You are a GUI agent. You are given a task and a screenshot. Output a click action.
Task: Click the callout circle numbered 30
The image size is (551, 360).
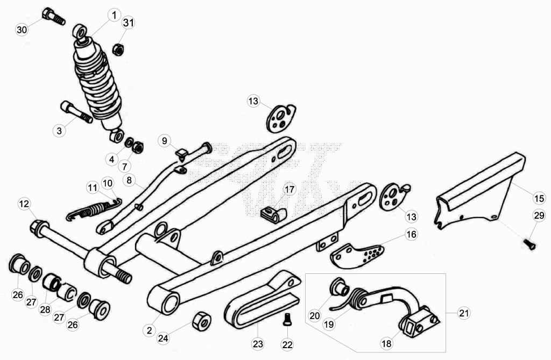pos(22,30)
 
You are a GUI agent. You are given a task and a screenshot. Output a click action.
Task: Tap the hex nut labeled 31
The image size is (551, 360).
pos(118,50)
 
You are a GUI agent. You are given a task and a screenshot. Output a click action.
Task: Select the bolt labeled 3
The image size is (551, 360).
pos(76,112)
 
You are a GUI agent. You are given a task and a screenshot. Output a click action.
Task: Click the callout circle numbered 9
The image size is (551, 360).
pos(164,141)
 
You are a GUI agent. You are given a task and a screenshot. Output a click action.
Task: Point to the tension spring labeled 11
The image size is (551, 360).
pos(94,210)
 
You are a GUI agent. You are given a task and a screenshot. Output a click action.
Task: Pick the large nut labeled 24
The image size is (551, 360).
pos(202,321)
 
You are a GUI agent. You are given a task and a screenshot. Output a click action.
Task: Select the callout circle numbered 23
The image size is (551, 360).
pos(258,343)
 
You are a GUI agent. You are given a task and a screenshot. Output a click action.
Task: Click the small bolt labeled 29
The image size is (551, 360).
pos(529,244)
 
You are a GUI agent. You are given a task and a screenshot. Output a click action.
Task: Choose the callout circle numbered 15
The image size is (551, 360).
pos(539,198)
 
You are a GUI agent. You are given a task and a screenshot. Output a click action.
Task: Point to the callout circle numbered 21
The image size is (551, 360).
pos(464,313)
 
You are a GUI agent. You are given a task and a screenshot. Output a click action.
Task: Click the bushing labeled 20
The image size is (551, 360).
pos(339,286)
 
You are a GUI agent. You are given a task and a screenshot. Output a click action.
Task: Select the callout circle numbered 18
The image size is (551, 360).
pos(386,343)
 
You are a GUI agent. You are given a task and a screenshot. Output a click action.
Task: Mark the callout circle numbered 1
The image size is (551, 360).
pos(114,16)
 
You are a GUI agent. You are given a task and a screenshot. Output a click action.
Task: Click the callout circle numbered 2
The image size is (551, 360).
pos(150,330)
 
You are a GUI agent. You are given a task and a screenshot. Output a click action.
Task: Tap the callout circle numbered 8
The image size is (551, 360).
pos(129,180)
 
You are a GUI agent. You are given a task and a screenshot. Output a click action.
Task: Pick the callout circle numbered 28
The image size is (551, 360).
pos(45,310)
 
